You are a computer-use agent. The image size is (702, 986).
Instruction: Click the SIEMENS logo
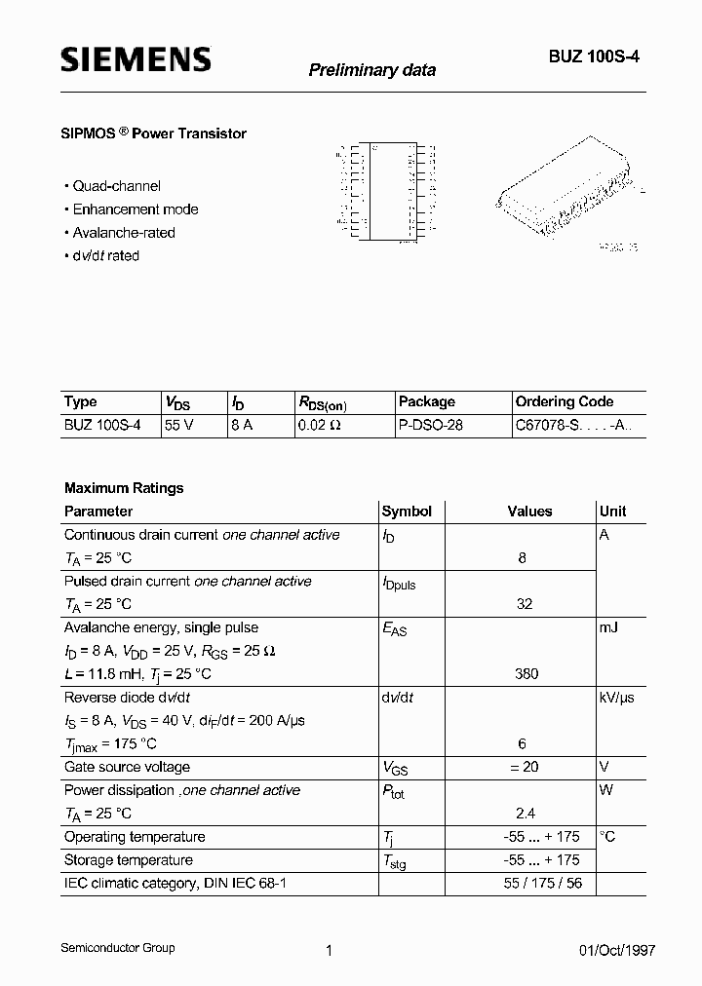click(x=136, y=60)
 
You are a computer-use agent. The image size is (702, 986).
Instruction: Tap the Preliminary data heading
click(x=371, y=70)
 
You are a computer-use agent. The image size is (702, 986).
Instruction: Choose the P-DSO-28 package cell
click(x=430, y=426)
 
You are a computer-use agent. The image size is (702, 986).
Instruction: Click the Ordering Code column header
click(x=564, y=401)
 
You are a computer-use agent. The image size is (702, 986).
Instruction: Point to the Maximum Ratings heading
click(x=124, y=488)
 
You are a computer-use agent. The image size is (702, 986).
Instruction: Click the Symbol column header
click(x=407, y=512)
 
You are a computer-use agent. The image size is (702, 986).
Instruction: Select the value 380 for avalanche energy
click(x=525, y=674)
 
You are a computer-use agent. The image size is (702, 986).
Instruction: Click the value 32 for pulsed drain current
click(x=525, y=604)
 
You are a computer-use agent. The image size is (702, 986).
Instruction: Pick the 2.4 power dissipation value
click(x=525, y=814)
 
